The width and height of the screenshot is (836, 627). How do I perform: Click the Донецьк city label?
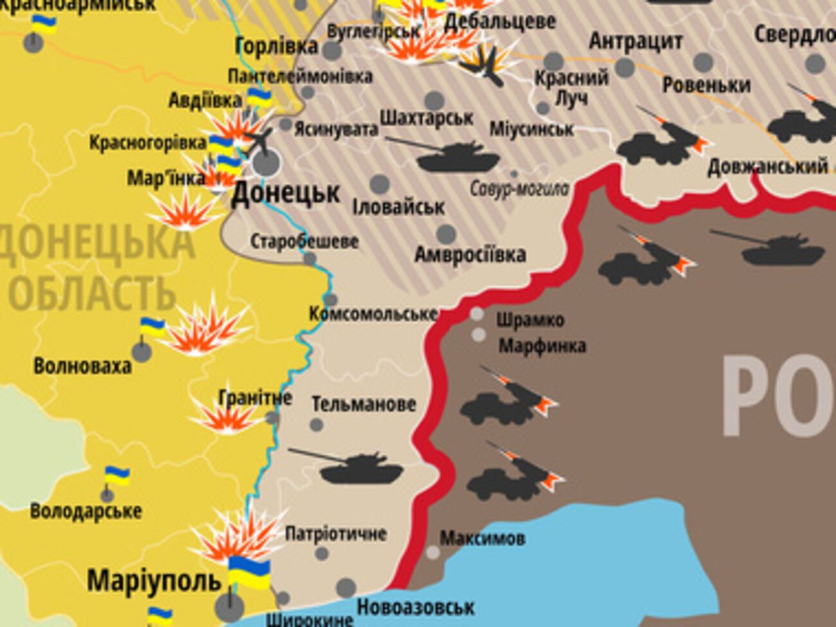coord(286,192)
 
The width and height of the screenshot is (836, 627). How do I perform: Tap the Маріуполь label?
coord(154,581)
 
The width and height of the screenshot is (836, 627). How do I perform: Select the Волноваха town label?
coord(82,367)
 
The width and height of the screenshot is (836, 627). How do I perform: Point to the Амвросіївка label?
coord(470,255)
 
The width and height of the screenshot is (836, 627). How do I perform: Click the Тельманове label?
coord(363,404)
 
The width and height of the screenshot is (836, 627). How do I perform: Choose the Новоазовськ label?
coord(415,606)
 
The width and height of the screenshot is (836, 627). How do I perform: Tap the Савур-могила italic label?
coord(520,188)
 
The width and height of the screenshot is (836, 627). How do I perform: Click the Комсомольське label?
coord(373,314)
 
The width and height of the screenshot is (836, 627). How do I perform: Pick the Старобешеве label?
coord(304,242)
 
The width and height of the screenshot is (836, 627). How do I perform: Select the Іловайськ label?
coord(399,207)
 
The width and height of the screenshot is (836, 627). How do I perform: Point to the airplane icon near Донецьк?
coord(259,140)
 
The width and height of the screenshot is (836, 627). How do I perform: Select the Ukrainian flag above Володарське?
coord(116,477)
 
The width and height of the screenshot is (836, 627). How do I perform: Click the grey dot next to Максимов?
coord(433,552)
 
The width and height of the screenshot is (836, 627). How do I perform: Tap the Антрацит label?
coord(635,41)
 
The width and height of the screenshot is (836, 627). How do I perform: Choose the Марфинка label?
coord(542,346)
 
